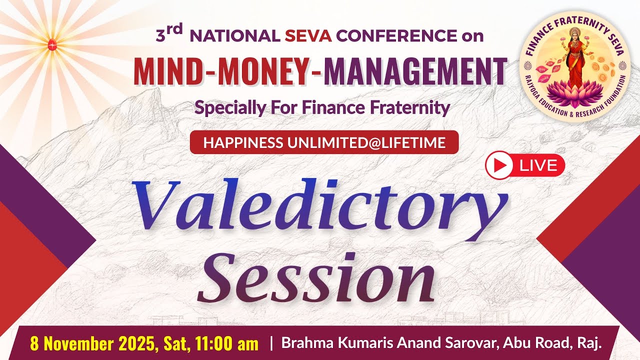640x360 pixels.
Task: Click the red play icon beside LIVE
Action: tap(499, 165)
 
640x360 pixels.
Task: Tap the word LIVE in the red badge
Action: tap(538, 165)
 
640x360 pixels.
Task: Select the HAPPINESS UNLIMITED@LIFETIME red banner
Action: tap(324, 142)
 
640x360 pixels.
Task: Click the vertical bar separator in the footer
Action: tap(271, 343)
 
